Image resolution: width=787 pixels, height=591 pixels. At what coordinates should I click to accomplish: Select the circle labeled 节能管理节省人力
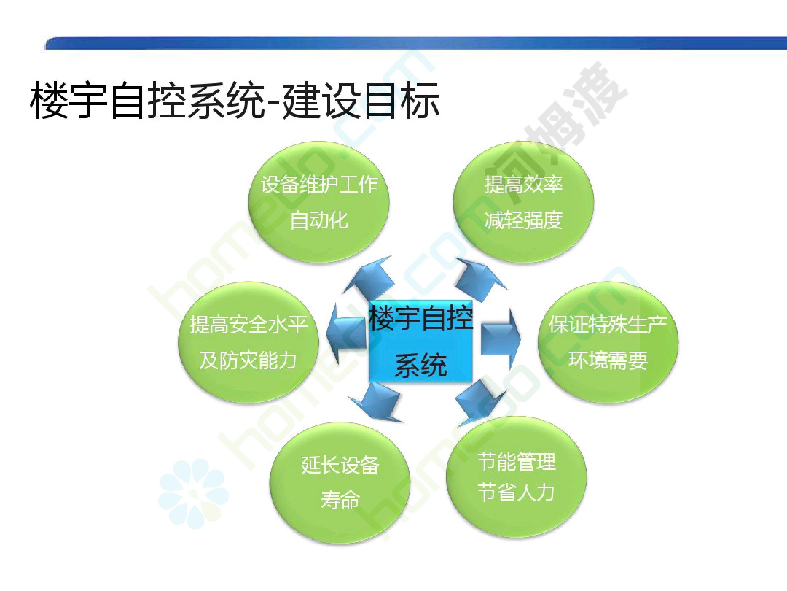[x=516, y=478]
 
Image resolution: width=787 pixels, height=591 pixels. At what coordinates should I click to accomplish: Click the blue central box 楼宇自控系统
[x=421, y=341]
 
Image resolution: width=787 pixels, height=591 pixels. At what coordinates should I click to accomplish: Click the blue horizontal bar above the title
[x=415, y=43]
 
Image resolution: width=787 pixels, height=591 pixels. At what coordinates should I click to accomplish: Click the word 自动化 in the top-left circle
[x=319, y=220]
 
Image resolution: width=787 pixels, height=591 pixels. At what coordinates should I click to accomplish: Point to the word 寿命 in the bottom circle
[x=340, y=500]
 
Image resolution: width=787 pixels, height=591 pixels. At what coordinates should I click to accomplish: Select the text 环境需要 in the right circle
[x=608, y=360]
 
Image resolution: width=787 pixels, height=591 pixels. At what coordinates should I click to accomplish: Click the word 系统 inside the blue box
[x=421, y=365]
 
